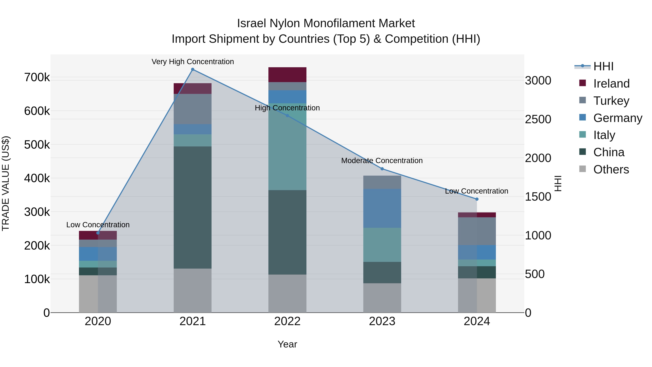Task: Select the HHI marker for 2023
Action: (382, 169)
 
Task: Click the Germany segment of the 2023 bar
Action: (382, 208)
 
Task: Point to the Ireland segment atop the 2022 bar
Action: (287, 74)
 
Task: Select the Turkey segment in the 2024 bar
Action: (477, 231)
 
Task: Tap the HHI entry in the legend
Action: (603, 66)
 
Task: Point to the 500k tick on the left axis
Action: (37, 145)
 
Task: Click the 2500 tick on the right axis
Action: (538, 119)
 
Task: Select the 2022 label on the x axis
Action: (287, 321)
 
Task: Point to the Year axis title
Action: (287, 344)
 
